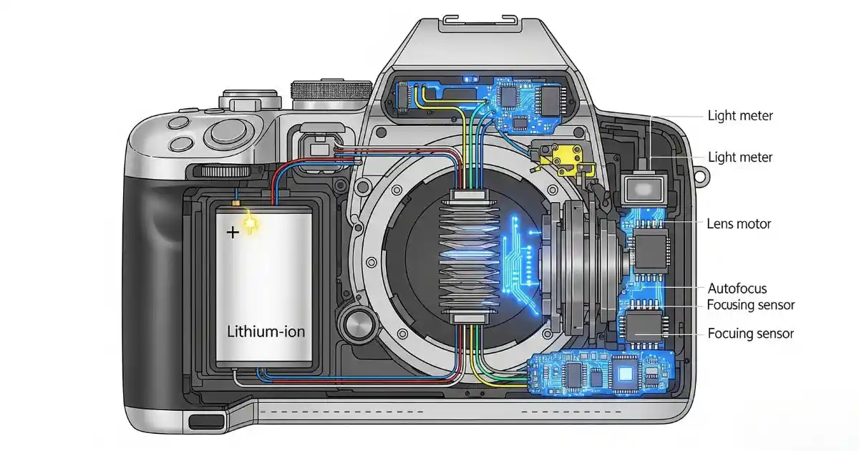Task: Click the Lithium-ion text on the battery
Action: (x=265, y=332)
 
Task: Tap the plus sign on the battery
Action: (x=233, y=233)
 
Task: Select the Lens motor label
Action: (x=739, y=224)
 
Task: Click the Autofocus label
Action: (x=737, y=288)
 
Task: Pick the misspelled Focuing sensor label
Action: (x=750, y=334)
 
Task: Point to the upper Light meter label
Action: (x=740, y=115)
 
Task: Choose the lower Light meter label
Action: (x=740, y=157)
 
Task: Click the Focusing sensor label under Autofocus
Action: (x=750, y=305)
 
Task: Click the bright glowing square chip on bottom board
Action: (x=627, y=372)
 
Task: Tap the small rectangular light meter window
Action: (x=641, y=190)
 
